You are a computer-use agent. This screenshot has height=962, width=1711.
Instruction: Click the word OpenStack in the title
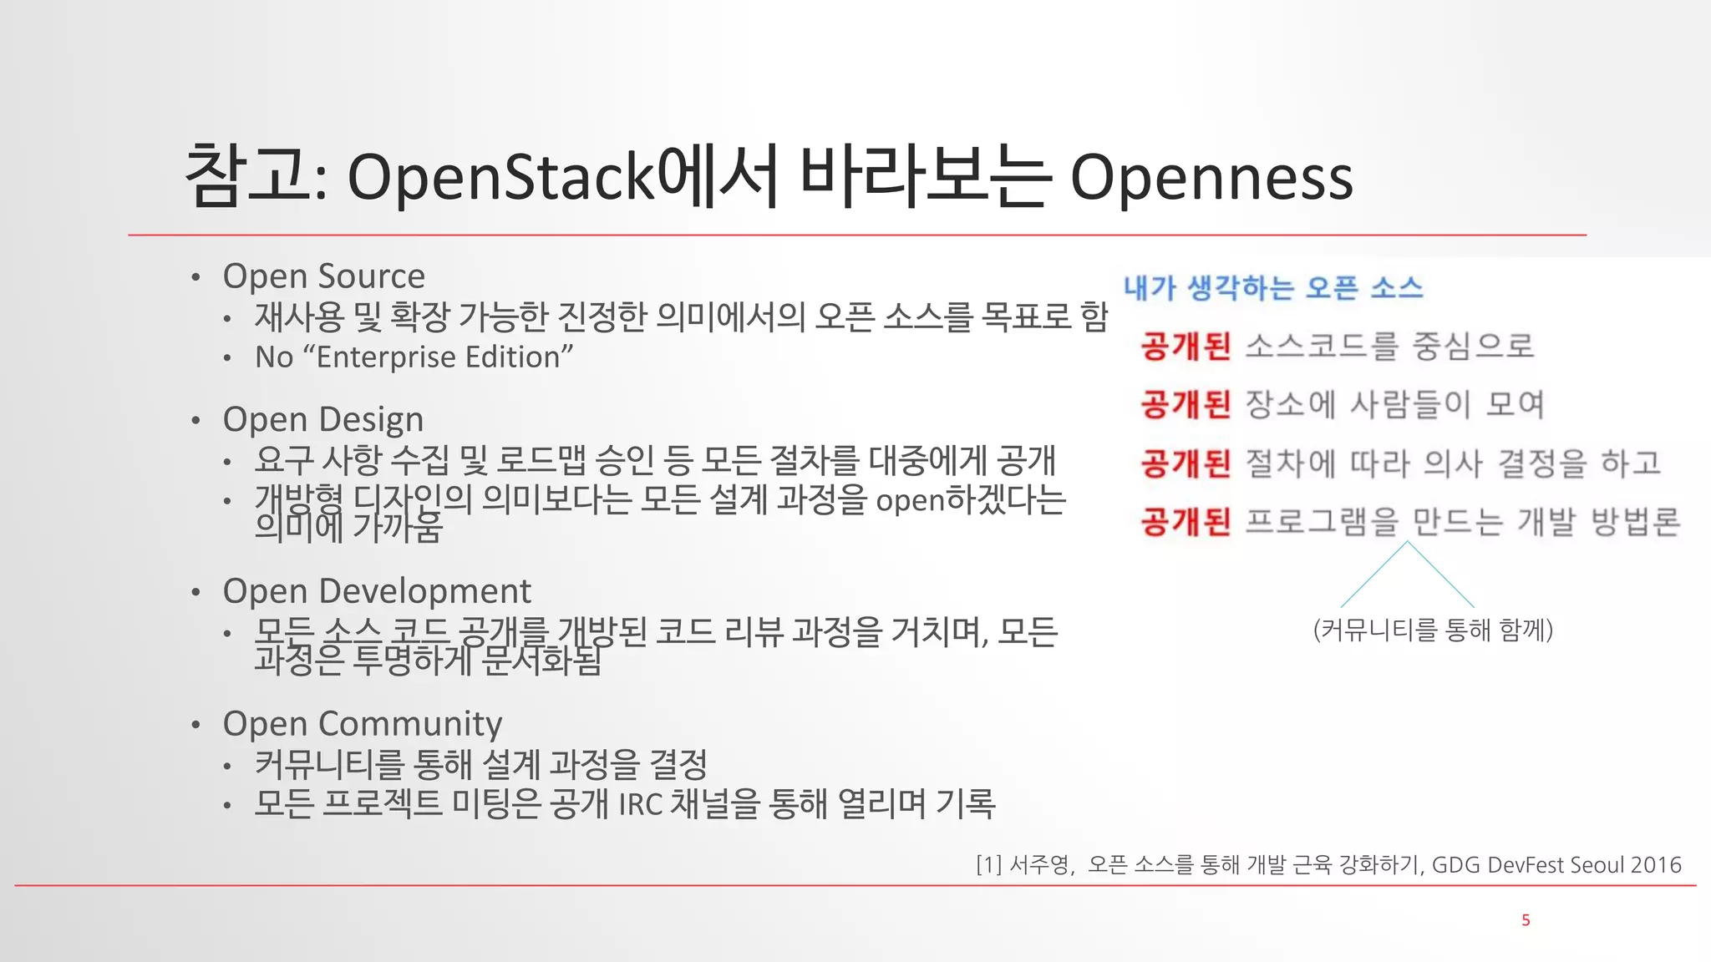click(x=500, y=178)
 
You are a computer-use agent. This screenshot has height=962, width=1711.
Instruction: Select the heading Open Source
click(x=323, y=276)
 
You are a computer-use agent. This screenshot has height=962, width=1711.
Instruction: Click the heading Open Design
click(x=322, y=420)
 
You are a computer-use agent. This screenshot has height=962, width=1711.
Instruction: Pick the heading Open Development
click(x=376, y=591)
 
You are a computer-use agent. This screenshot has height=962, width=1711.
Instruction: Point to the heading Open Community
click(x=362, y=723)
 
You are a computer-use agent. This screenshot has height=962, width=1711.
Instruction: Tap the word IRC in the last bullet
click(x=640, y=805)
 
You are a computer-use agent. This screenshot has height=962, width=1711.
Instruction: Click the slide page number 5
click(x=1526, y=920)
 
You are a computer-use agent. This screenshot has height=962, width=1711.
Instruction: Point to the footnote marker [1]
click(x=988, y=865)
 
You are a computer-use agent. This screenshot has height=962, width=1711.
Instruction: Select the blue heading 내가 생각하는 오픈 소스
click(x=1272, y=288)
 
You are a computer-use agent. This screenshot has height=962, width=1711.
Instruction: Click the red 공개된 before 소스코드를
click(x=1186, y=346)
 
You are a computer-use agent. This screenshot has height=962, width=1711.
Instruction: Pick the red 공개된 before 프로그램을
click(x=1186, y=522)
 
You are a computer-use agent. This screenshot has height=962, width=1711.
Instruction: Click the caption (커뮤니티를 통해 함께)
click(x=1433, y=630)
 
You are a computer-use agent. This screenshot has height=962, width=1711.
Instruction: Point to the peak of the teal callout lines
click(x=1407, y=542)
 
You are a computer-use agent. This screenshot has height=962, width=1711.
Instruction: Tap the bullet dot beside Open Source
click(x=195, y=277)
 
